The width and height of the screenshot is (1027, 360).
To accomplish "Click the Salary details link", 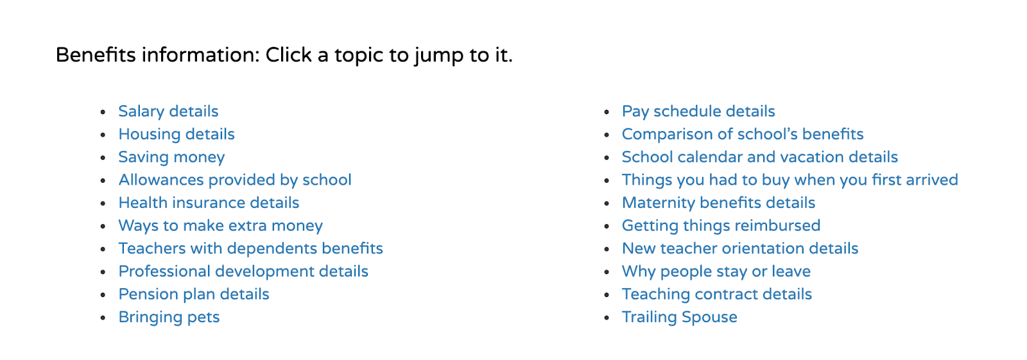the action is click(x=168, y=112).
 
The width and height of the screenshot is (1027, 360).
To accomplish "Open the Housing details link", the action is click(x=177, y=134).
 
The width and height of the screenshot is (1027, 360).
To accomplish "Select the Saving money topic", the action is click(x=171, y=157).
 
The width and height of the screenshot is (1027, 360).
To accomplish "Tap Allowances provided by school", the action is click(x=235, y=180).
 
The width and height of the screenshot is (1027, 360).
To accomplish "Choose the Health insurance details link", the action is click(x=209, y=203).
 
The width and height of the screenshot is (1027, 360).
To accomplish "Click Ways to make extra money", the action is click(x=221, y=226).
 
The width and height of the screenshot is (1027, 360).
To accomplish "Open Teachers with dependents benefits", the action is click(x=250, y=248).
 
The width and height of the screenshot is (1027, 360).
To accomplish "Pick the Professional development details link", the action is click(x=243, y=271).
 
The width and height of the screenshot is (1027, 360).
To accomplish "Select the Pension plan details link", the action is click(x=193, y=295).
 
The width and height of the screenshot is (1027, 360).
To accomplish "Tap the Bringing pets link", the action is click(x=169, y=318).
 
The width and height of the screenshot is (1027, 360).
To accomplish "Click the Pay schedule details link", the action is click(x=698, y=112).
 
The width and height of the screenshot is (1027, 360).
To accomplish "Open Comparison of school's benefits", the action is click(x=742, y=134).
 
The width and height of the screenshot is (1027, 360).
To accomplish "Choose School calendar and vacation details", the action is click(x=760, y=157).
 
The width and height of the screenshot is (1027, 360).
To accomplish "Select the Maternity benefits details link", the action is click(x=718, y=203).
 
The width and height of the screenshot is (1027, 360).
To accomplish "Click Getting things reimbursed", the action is click(x=721, y=226).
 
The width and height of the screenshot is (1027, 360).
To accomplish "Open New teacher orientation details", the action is click(x=740, y=248).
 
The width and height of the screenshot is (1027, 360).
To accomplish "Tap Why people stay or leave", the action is click(x=716, y=271).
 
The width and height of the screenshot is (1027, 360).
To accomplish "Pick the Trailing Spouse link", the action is click(x=680, y=318).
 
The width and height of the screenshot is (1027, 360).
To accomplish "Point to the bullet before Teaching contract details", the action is click(x=607, y=295).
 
